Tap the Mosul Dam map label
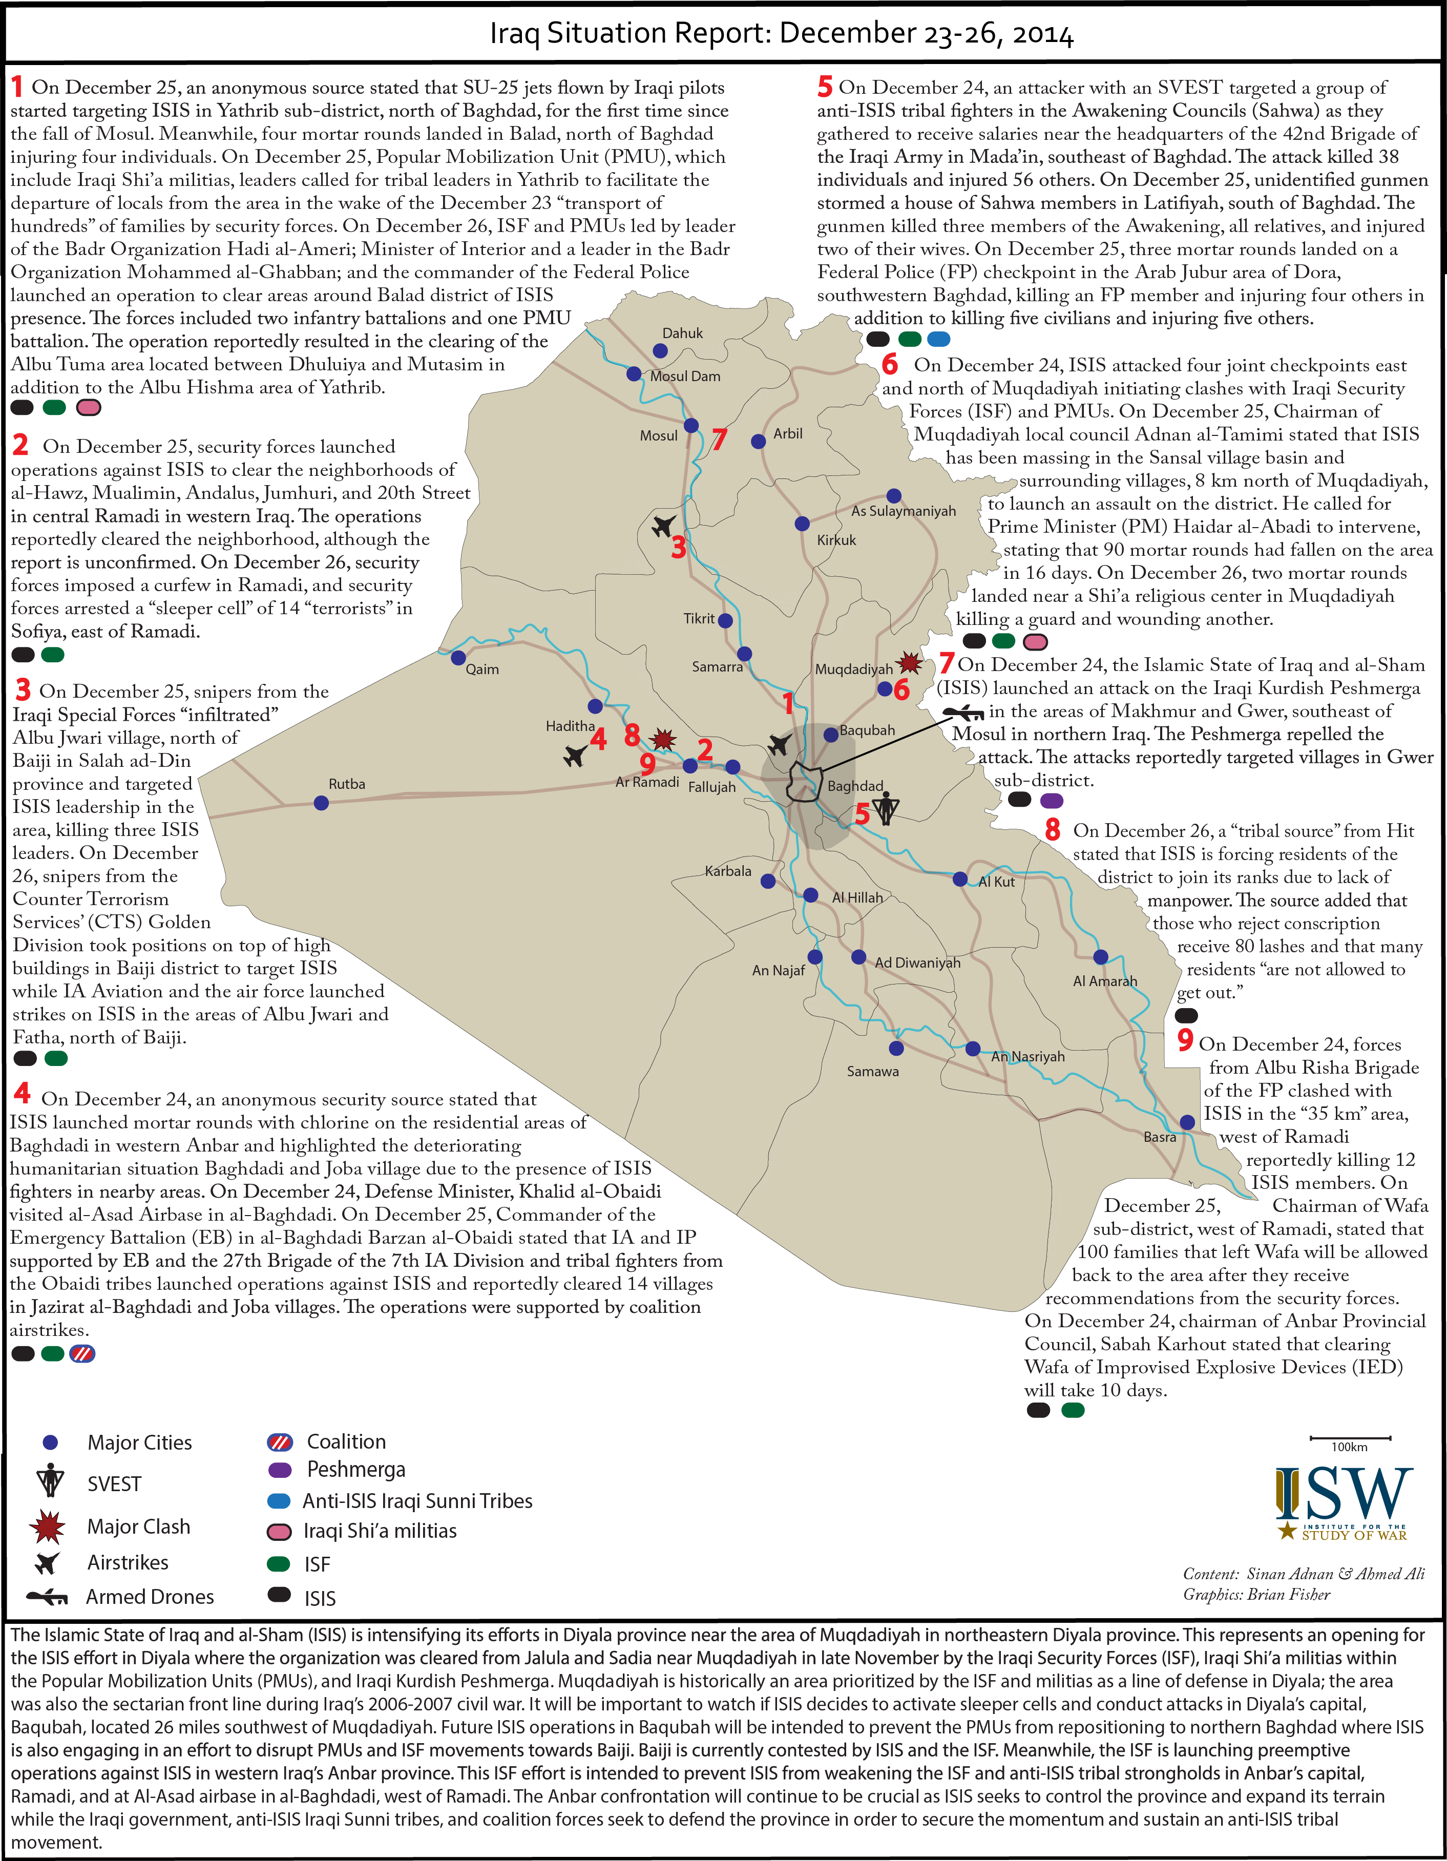tap(685, 376)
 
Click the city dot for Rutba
tap(321, 803)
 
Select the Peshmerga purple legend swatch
tap(280, 1469)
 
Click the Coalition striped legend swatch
tap(280, 1442)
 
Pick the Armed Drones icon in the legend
tap(47, 1596)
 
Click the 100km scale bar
tap(1350, 1437)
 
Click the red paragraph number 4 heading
tap(22, 1093)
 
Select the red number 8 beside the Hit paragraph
tap(1053, 829)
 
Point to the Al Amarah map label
tap(1104, 981)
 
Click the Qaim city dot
tap(457, 658)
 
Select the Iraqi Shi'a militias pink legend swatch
tap(280, 1531)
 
